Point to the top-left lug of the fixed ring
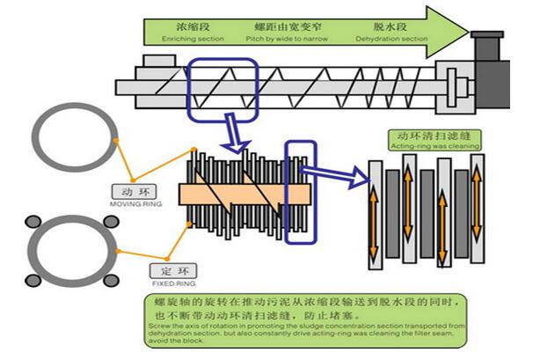point(34,221)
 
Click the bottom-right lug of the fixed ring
point(112,280)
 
